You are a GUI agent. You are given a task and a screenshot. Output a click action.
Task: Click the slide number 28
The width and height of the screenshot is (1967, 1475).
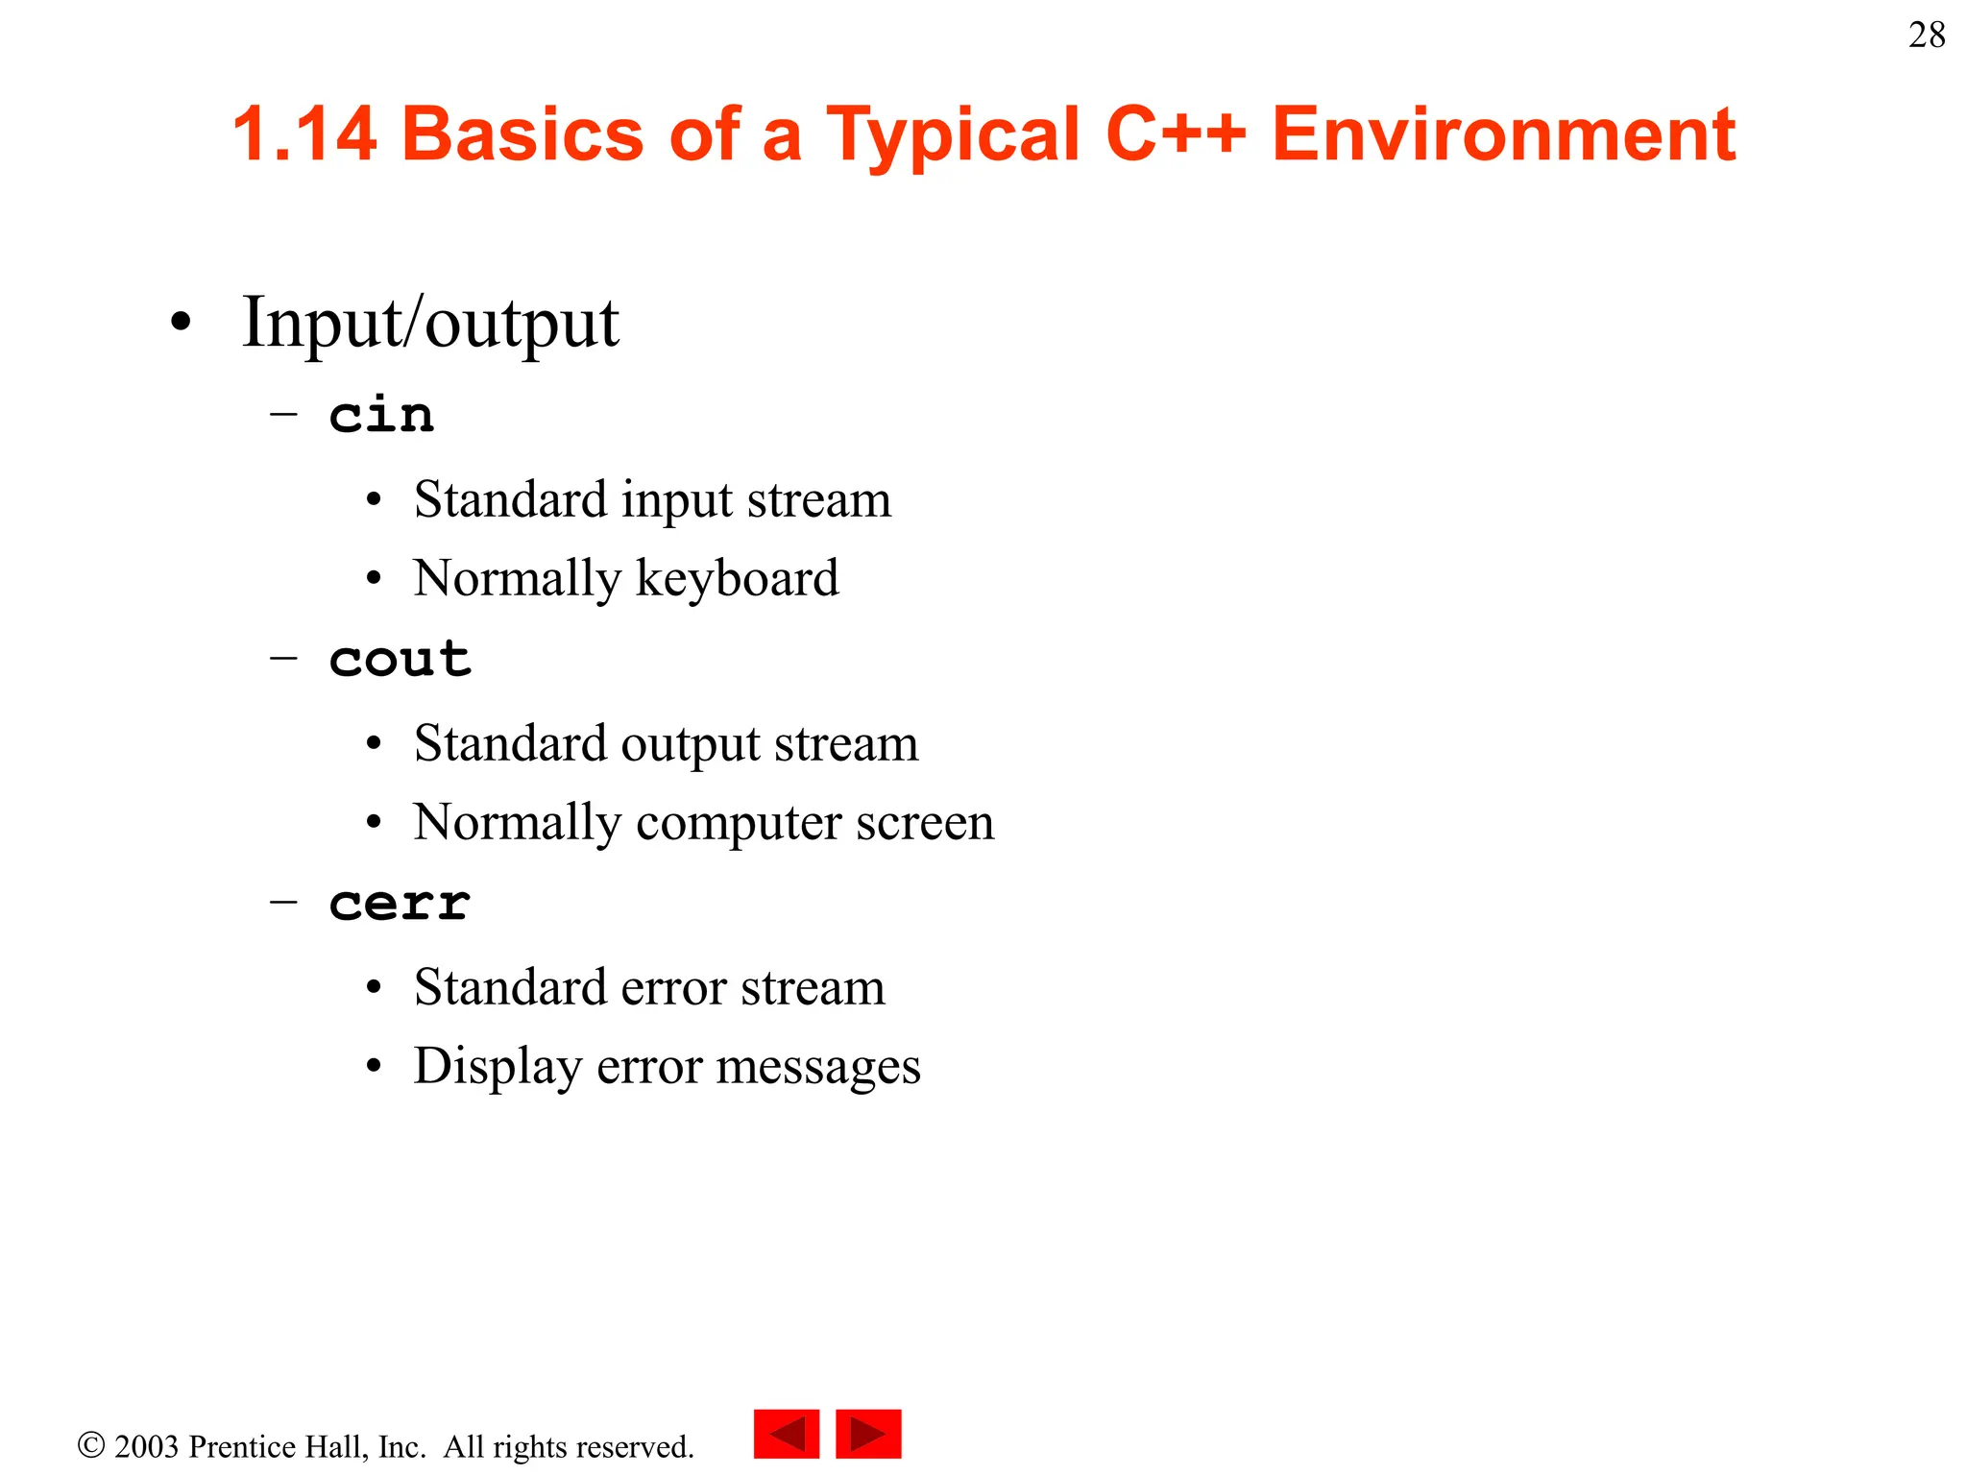pos(1926,36)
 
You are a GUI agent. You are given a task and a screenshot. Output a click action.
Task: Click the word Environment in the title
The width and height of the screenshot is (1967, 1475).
pos(1503,134)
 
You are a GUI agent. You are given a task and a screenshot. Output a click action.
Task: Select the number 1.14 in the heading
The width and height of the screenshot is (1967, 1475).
pos(304,134)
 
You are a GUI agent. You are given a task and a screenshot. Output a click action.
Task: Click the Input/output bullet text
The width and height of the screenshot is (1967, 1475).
pos(430,324)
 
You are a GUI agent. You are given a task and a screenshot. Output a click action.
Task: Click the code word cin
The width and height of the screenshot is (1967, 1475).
pos(381,415)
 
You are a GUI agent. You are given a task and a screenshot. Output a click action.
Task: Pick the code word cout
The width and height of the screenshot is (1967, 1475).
pos(400,659)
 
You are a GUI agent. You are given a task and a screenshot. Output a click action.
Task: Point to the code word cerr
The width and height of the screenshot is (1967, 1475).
pos(400,903)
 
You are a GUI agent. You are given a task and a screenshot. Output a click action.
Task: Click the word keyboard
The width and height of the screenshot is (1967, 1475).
pos(737,579)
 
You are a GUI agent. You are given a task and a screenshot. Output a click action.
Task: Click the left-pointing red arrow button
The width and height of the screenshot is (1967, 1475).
pos(786,1434)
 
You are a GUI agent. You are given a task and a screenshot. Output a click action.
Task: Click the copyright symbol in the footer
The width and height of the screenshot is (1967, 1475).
pos(91,1445)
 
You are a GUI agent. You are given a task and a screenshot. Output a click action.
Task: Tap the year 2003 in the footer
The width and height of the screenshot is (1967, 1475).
pos(147,1446)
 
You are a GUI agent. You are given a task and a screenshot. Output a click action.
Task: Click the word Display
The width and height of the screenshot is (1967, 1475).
pos(498,1067)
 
